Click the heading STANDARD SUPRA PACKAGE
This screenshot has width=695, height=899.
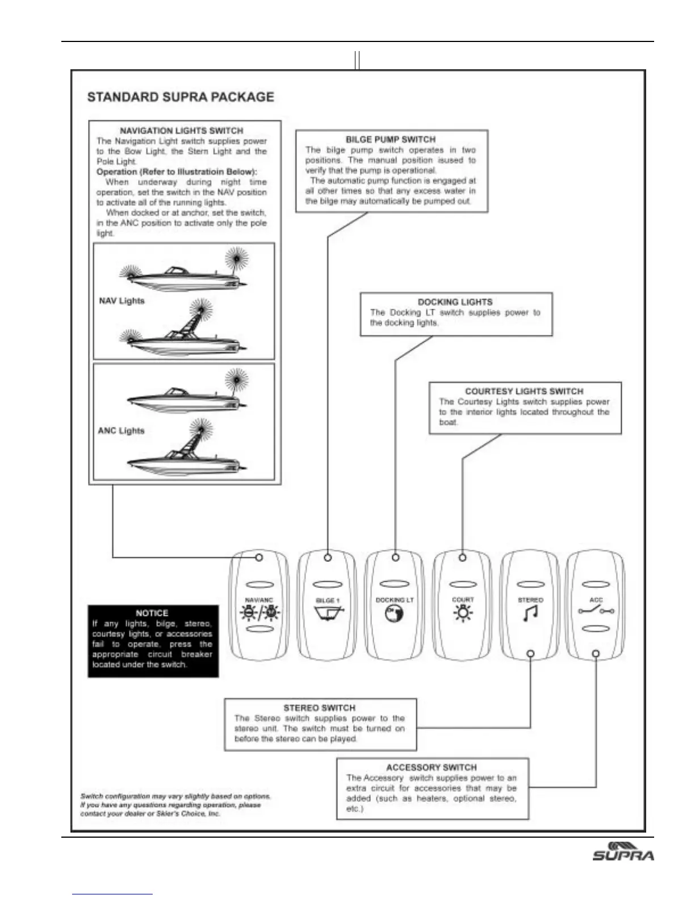click(x=181, y=97)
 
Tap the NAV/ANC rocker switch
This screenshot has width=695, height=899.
click(x=259, y=606)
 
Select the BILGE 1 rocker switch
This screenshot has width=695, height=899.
click(x=327, y=606)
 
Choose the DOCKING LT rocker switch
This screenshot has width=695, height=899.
click(x=395, y=606)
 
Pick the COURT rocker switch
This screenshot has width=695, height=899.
click(x=463, y=606)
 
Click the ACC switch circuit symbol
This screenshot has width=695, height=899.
click(x=595, y=611)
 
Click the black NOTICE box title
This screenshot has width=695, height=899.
click(x=152, y=613)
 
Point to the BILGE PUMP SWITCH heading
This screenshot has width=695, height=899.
click(x=391, y=140)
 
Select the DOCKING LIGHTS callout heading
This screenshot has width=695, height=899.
click(x=455, y=303)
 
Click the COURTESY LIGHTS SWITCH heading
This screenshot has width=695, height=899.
click(x=524, y=392)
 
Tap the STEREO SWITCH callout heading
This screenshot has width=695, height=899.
click(x=319, y=708)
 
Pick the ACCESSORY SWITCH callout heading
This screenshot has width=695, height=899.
click(x=432, y=767)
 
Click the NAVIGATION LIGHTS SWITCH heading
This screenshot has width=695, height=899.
click(x=182, y=131)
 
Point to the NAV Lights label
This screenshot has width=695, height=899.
click(x=122, y=301)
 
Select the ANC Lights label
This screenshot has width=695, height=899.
click(x=122, y=431)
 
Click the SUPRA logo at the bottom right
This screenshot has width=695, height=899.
click(x=623, y=851)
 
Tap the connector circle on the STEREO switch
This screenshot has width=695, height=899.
click(x=530, y=653)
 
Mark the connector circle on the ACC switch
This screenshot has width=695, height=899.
click(x=596, y=653)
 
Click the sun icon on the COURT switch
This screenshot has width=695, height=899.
click(x=463, y=614)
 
